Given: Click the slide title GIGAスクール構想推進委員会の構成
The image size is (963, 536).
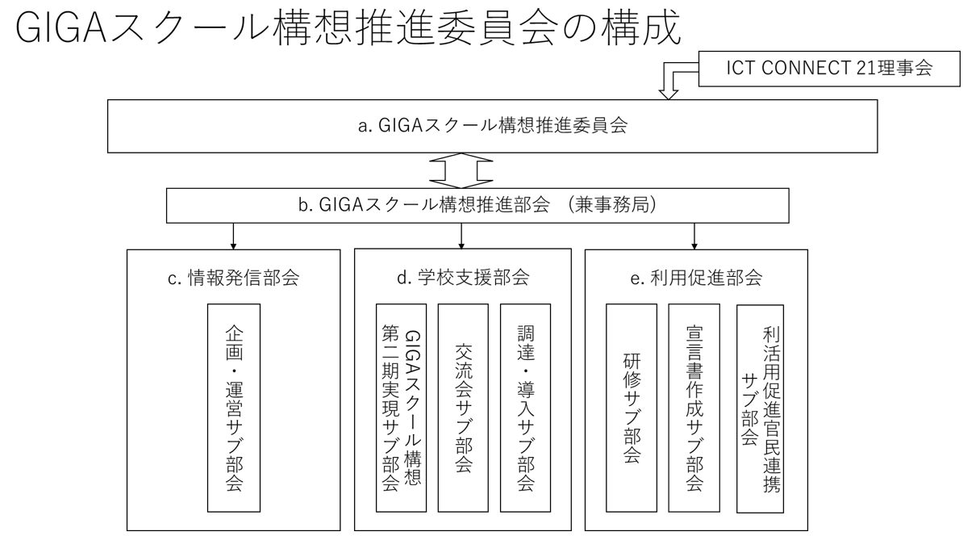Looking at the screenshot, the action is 348,27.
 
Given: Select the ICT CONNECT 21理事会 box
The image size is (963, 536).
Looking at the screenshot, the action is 829,69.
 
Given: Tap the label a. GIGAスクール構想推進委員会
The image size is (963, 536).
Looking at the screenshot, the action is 493,125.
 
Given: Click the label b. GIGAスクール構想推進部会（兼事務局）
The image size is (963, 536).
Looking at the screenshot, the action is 477,205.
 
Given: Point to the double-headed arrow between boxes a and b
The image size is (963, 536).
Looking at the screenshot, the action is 461,170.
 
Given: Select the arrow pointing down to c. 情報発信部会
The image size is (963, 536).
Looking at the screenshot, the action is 233,236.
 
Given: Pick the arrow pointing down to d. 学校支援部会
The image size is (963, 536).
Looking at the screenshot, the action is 461,236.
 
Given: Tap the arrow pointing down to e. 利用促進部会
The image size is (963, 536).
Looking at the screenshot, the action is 694,236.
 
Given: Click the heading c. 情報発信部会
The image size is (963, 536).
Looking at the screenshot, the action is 233,278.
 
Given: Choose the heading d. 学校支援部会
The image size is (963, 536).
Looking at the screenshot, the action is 463,278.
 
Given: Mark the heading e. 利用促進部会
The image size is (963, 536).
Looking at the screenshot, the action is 697,278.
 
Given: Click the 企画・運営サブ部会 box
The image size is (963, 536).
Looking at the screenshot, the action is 234,408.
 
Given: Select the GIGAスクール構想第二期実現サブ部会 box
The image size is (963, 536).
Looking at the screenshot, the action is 401,408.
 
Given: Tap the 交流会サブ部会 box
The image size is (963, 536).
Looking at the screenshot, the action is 463,408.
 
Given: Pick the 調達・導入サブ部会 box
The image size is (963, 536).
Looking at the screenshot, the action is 526,408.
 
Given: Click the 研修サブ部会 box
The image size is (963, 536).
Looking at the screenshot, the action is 632,408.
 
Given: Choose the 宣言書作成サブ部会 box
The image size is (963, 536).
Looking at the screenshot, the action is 694,408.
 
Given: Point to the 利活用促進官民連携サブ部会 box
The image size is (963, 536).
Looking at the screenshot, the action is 761,408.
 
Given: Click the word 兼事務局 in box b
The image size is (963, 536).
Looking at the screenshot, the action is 611,205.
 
